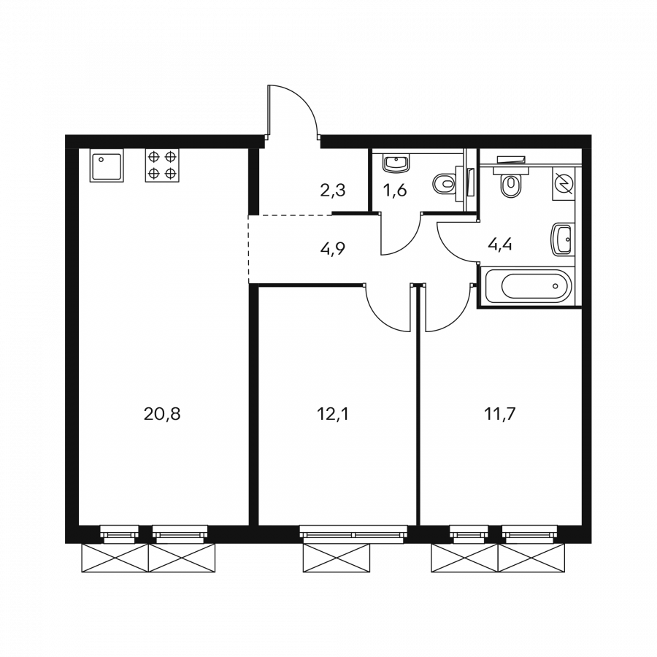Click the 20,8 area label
click(162, 415)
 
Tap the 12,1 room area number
click(333, 415)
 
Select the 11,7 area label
click(499, 415)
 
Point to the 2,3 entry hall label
click(333, 191)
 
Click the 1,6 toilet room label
click(395, 191)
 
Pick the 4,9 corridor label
click(333, 249)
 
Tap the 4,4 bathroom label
click(500, 244)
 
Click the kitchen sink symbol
click(107, 165)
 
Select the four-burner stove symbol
click(162, 165)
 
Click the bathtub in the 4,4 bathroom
click(528, 287)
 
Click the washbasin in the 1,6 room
click(396, 163)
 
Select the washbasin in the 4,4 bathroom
click(562, 239)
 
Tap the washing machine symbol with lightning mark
click(563, 183)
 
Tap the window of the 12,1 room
click(353, 534)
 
